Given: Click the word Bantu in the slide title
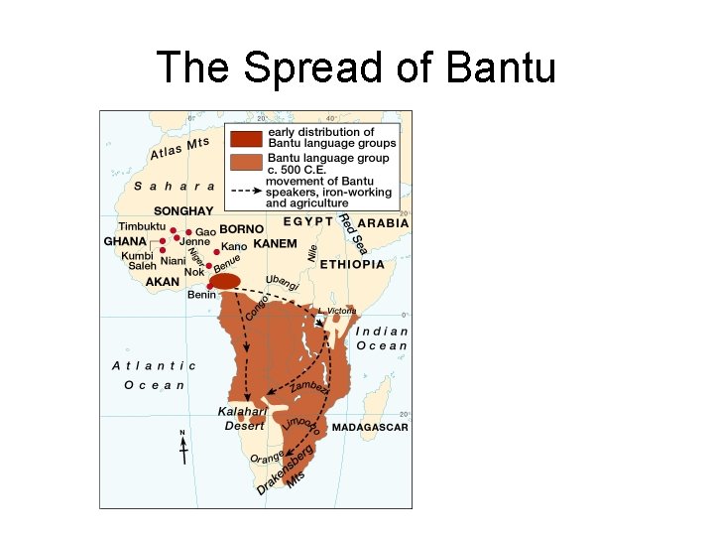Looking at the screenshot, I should pos(503,68).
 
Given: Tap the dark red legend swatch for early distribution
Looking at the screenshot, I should pos(246,138).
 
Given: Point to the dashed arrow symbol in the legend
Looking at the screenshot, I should pos(246,186).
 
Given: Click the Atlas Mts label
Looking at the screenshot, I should pos(179,149).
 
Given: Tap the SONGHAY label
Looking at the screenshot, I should pos(182,211).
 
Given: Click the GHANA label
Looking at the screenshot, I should pos(126,241).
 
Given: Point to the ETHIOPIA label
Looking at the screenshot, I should pos(352,265).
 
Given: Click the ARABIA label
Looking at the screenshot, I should pos(383,224).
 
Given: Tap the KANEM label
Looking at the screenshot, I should pos(275,243).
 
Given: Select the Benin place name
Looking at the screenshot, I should pos(202,296).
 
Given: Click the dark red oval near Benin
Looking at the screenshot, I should pos(227,281).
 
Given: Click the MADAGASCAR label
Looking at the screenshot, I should pos(370,427).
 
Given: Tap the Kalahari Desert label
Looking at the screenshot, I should pos(244,418).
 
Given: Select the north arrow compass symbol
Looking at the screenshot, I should pos(182,448).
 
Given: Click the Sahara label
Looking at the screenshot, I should pos(175,186).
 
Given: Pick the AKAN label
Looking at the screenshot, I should pos(163,282).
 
